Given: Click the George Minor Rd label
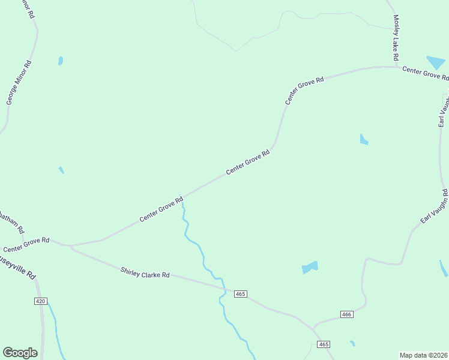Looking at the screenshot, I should click(x=19, y=83).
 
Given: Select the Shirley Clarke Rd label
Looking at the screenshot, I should click(x=145, y=274).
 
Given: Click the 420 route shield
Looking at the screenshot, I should click(x=40, y=301).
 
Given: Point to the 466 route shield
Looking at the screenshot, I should click(x=346, y=314).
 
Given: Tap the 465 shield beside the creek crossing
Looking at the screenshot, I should click(x=241, y=293).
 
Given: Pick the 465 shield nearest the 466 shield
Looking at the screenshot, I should click(x=324, y=344).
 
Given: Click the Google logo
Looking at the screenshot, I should click(x=20, y=353).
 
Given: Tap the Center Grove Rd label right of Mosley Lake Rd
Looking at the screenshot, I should click(x=425, y=73).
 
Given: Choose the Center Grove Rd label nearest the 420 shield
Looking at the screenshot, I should click(x=25, y=245).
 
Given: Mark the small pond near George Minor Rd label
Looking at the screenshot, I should click(x=61, y=61).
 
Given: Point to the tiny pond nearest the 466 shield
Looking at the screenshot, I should click(x=352, y=343).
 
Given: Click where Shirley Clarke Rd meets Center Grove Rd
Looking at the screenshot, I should click(x=71, y=246).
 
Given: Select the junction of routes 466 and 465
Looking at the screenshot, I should click(x=314, y=328).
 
